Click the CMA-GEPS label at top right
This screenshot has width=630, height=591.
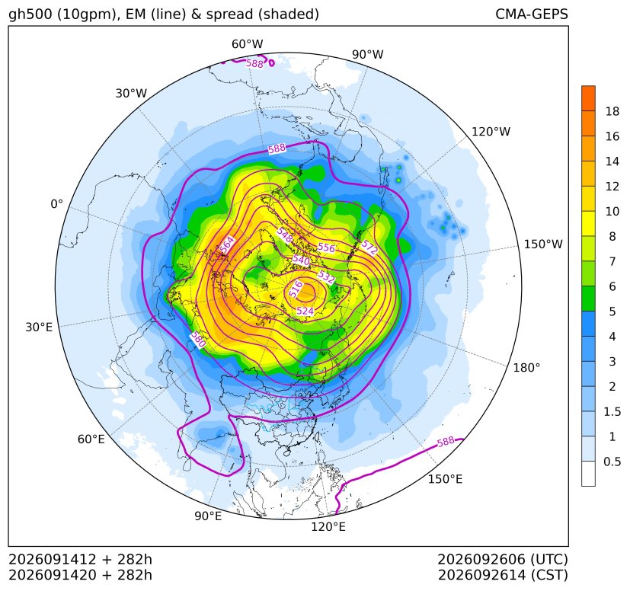tap(532, 14)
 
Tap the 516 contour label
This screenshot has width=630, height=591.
tap(296, 289)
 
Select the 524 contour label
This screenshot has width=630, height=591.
tap(305, 311)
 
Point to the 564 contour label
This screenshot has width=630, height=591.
tap(228, 245)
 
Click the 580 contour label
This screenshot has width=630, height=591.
tap(198, 340)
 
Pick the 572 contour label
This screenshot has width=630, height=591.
tap(369, 248)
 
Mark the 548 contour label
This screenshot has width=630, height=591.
tap(285, 235)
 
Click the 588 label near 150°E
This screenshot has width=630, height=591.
tap(446, 442)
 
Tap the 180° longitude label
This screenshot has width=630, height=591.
tap(526, 368)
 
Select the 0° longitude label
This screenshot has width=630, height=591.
tap(56, 204)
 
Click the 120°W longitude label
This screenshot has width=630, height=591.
tap(491, 132)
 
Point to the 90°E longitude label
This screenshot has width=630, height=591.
tap(208, 516)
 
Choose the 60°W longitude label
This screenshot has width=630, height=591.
tap(247, 44)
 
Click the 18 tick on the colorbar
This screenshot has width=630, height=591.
tap(612, 112)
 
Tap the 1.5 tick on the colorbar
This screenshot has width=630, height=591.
tap(612, 412)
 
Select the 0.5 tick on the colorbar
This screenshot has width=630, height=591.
tap(612, 462)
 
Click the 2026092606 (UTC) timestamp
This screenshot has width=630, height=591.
tap(503, 560)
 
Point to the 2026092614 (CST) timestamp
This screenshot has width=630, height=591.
tap(503, 575)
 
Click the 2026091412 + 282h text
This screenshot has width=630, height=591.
tap(80, 560)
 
